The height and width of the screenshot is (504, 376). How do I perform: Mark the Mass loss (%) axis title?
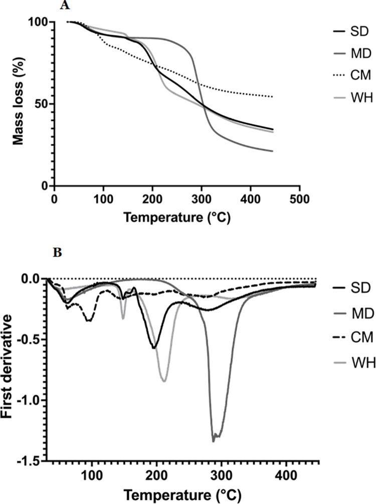pyautogui.click(x=19, y=104)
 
